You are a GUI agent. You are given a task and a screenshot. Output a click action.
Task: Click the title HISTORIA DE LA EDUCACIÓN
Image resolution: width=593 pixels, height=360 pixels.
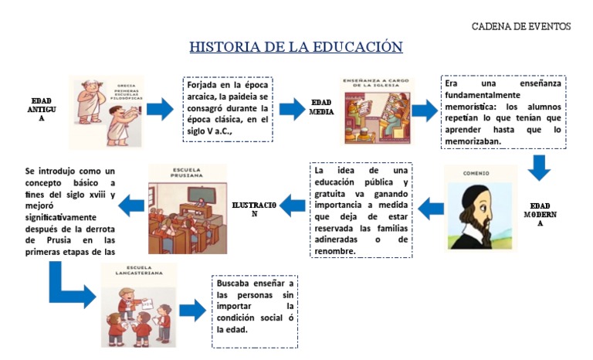[296, 47]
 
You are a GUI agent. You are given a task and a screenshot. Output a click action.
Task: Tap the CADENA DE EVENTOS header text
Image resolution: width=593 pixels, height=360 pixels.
[521, 26]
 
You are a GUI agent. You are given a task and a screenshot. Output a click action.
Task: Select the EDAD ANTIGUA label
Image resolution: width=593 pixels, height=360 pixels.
[42, 110]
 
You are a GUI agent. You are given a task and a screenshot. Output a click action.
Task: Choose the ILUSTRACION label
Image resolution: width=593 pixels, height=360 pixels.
[254, 208]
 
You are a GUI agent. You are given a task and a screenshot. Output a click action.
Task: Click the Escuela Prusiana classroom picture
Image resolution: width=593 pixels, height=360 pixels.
[187, 209]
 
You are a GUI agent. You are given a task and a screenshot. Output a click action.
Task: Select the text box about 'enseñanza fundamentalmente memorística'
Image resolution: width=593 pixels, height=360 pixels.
[503, 110]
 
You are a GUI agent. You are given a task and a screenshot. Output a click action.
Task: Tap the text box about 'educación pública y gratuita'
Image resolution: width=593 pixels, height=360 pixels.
[361, 209]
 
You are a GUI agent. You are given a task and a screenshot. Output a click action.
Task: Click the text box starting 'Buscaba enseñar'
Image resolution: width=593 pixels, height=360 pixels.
[255, 307]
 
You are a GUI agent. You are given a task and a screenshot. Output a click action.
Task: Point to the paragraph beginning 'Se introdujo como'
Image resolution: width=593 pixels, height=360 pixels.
[70, 209]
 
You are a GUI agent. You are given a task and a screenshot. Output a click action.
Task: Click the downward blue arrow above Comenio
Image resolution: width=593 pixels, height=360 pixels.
[539, 166]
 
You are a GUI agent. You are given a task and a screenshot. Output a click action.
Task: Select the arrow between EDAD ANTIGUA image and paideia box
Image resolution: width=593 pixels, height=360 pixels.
[161, 110]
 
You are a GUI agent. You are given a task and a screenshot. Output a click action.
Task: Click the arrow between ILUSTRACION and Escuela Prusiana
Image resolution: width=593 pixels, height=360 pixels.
[292, 205]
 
